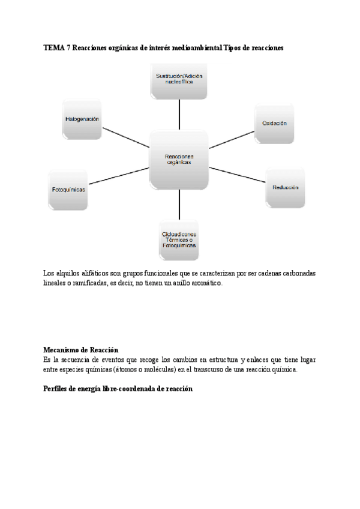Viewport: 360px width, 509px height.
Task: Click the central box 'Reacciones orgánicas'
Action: [x=179, y=160]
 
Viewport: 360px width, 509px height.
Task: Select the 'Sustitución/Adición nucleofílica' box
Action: [x=179, y=80]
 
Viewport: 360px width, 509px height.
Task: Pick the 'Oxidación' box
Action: [x=274, y=123]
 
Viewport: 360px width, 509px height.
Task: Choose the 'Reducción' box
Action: [x=285, y=187]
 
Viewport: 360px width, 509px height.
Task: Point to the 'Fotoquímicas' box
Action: [x=68, y=189]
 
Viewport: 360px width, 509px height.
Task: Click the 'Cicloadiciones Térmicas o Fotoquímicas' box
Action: [x=179, y=240]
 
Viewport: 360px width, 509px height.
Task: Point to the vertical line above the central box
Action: [x=179, y=114]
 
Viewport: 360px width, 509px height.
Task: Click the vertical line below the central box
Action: [x=179, y=205]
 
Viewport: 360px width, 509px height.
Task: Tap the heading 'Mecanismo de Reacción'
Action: [x=80, y=350]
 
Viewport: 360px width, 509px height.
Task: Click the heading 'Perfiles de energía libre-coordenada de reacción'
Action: [x=118, y=389]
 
